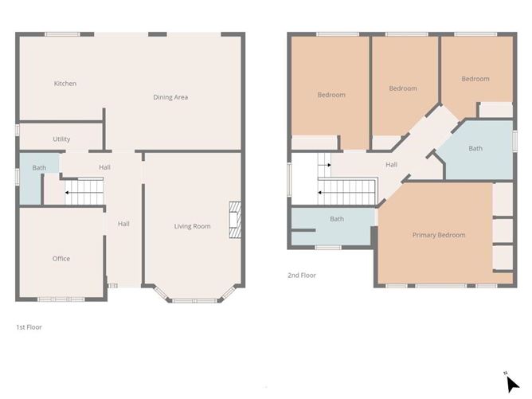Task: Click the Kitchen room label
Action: (65, 84)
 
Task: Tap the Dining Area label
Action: (170, 97)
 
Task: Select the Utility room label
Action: (61, 139)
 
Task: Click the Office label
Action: (61, 258)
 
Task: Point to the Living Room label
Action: (193, 226)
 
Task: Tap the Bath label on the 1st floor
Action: (39, 168)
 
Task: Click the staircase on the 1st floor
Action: (83, 192)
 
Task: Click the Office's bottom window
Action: (61, 299)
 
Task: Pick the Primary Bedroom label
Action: (439, 235)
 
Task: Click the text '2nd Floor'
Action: (302, 276)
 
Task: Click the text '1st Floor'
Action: (29, 327)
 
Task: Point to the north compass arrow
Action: (510, 381)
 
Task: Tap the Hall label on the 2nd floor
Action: (391, 165)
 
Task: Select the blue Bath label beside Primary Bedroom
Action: (337, 219)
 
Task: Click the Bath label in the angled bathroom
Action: (475, 148)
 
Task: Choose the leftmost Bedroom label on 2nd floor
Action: (331, 95)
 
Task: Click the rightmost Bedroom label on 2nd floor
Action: (475, 79)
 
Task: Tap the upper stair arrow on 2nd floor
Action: (324, 166)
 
